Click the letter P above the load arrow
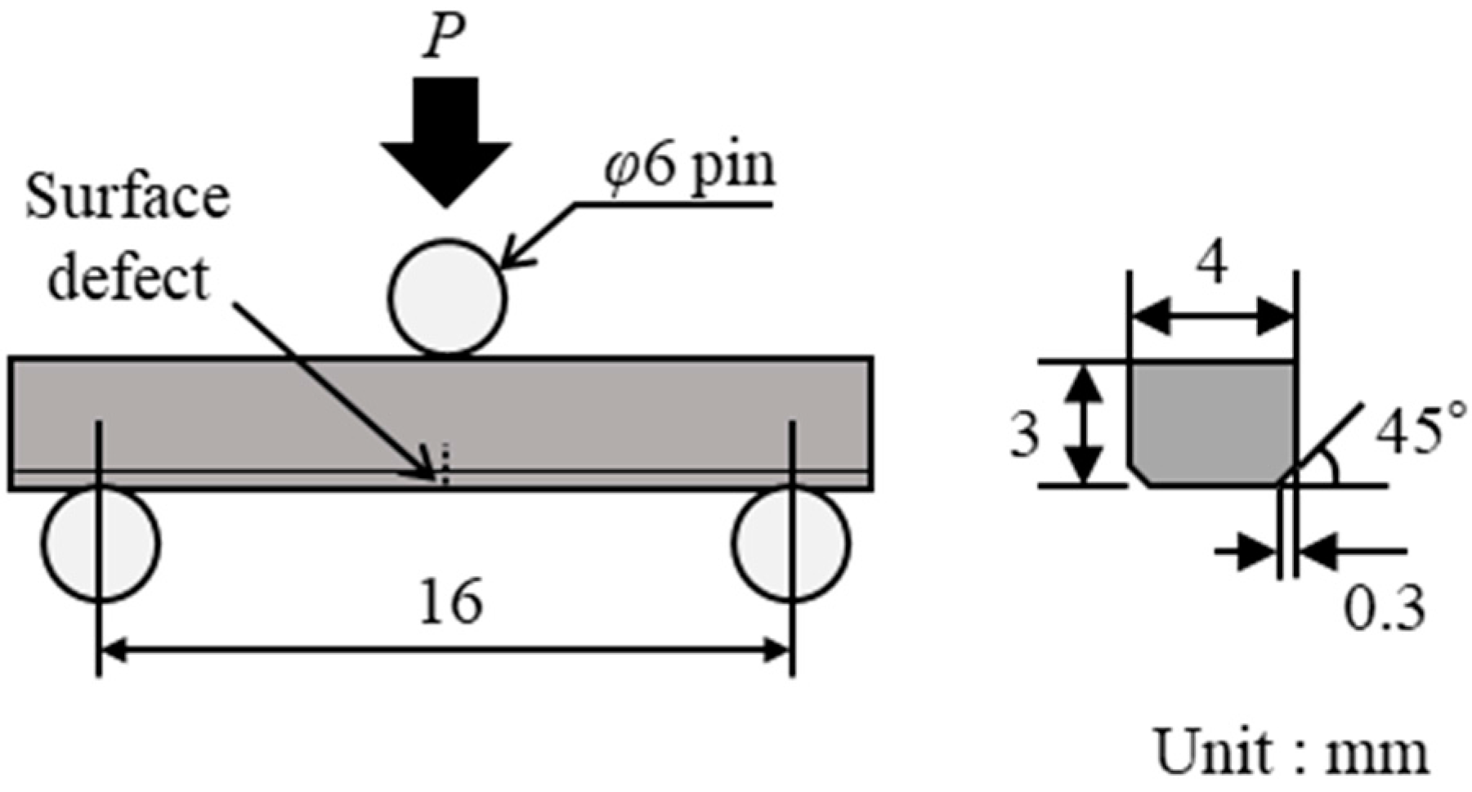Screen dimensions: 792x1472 [x=444, y=37]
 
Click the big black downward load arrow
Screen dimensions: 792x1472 [x=445, y=139]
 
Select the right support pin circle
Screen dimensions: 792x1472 [x=790, y=544]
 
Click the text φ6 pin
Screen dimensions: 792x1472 [x=691, y=168]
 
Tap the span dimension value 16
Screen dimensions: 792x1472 [x=450, y=602]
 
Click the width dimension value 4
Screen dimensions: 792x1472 [x=1211, y=266]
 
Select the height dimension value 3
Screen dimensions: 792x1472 [x=1024, y=436]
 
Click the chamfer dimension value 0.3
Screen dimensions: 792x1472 [x=1385, y=609]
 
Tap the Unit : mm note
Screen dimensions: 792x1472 [x=1291, y=753]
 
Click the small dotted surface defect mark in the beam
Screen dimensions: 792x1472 [x=445, y=464]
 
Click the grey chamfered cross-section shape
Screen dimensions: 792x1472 [x=1211, y=425]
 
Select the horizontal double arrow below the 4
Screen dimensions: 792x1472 [x=1211, y=316]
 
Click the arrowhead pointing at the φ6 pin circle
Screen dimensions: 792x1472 [x=511, y=259]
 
